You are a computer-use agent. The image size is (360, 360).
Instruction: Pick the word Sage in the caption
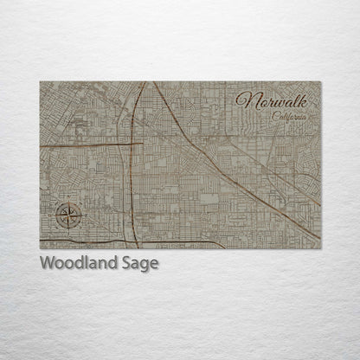[140, 264]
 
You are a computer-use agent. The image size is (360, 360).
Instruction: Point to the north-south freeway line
[129, 173]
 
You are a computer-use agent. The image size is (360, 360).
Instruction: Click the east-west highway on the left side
[82, 145]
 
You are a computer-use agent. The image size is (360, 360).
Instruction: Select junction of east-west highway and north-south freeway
[129, 144]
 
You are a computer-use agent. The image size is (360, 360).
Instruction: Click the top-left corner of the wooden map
[40, 82]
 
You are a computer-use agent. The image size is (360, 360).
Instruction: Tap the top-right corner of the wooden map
[321, 82]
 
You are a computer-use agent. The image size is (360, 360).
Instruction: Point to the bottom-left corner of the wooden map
[40, 248]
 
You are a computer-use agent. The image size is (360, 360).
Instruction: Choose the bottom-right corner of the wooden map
[321, 248]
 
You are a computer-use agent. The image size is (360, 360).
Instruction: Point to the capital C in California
[273, 115]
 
